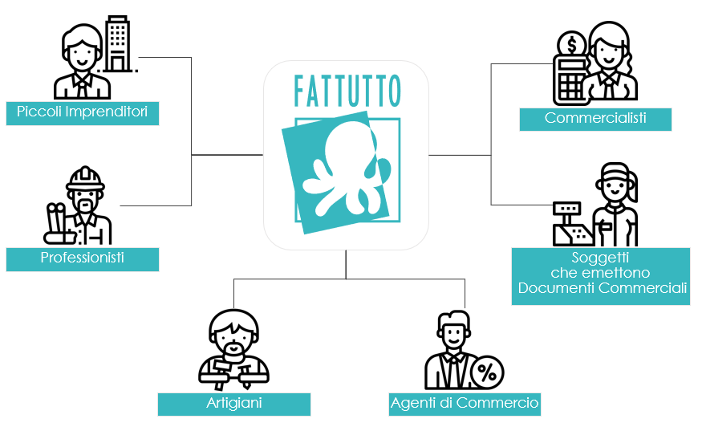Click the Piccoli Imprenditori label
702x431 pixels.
(82, 112)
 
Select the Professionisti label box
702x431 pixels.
(82, 258)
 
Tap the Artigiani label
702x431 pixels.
(233, 403)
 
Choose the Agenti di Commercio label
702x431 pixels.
(464, 403)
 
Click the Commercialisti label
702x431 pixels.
(594, 119)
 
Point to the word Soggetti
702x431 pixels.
(600, 258)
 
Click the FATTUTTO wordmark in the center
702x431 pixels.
(347, 91)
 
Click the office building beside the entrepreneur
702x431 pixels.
(118, 43)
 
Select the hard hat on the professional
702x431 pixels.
(85, 178)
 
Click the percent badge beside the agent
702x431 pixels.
(486, 372)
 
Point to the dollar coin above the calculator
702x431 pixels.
(572, 43)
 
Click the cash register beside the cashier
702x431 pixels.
(571, 225)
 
